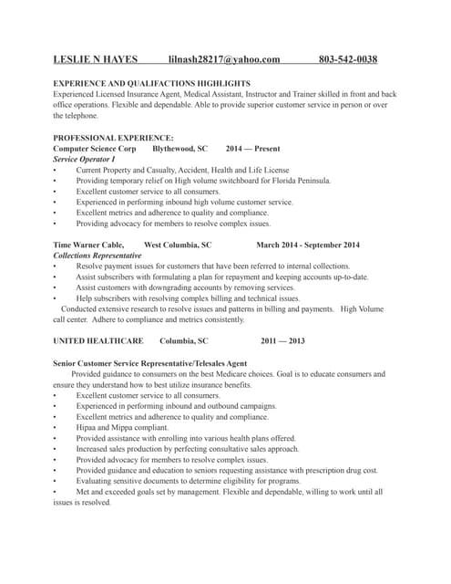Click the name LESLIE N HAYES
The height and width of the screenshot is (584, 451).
96,59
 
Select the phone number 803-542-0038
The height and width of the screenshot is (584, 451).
348,59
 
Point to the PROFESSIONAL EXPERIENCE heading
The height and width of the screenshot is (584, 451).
113,137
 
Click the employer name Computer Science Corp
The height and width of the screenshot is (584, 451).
95,148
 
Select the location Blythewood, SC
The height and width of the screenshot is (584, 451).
179,148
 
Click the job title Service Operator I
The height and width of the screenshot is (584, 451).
84,159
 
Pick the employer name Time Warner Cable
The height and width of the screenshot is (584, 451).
87,245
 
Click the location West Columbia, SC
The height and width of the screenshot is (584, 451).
178,245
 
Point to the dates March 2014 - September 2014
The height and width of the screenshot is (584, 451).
308,245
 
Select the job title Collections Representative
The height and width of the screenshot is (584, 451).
97,255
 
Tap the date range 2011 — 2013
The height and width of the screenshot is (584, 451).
282,341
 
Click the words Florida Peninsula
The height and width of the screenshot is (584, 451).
301,181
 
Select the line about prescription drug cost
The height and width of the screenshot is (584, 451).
227,470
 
